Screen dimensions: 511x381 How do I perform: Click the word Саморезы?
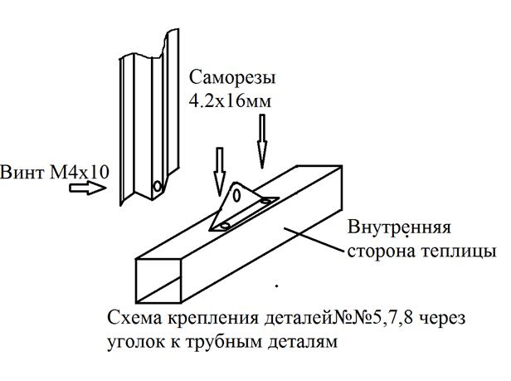[x=232, y=79]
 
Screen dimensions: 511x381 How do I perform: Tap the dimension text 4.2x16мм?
[x=230, y=101]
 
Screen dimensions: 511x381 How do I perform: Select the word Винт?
[x=22, y=172]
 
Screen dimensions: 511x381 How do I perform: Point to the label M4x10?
[x=79, y=172]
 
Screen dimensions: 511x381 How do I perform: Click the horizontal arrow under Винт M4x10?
[x=88, y=188]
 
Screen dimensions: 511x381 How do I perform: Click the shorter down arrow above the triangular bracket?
[x=220, y=172]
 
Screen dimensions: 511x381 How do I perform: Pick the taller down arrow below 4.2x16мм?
[x=262, y=141]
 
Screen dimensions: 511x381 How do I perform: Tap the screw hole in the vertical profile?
[x=158, y=187]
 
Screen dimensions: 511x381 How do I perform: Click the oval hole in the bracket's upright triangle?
[x=237, y=195]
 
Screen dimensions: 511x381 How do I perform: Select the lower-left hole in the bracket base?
[x=225, y=226]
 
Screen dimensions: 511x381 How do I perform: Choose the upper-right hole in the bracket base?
[x=266, y=201]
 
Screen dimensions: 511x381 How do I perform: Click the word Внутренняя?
[x=399, y=227]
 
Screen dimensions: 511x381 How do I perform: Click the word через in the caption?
[x=441, y=319]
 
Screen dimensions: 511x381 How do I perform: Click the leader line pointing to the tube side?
[x=314, y=240]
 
